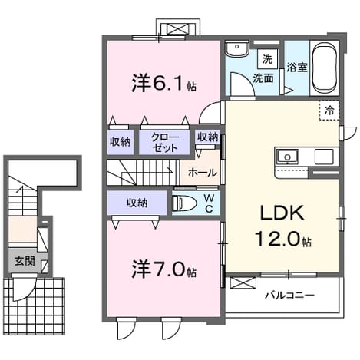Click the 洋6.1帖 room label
pyautogui.click(x=163, y=84)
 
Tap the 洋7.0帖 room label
pyautogui.click(x=163, y=270)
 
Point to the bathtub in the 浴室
pyautogui.click(x=325, y=68)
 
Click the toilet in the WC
pyautogui.click(x=183, y=203)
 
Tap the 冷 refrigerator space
pyautogui.click(x=329, y=111)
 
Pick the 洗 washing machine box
pyautogui.click(x=267, y=59)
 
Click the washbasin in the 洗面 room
pyautogui.click(x=237, y=48)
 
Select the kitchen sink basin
pyautogui.click(x=288, y=156)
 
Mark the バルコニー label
pyautogui.click(x=289, y=296)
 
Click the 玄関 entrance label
pyautogui.click(x=25, y=261)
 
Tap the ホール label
pyautogui.click(x=203, y=173)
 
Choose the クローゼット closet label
pyautogui.click(x=164, y=143)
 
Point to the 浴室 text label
pyautogui.click(x=297, y=68)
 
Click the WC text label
pyautogui.click(x=209, y=203)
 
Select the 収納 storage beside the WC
pyautogui.click(x=137, y=203)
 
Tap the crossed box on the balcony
pyautogui.click(x=243, y=283)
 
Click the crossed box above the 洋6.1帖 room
pyautogui.click(x=178, y=28)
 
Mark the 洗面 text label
pyautogui.click(x=263, y=78)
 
